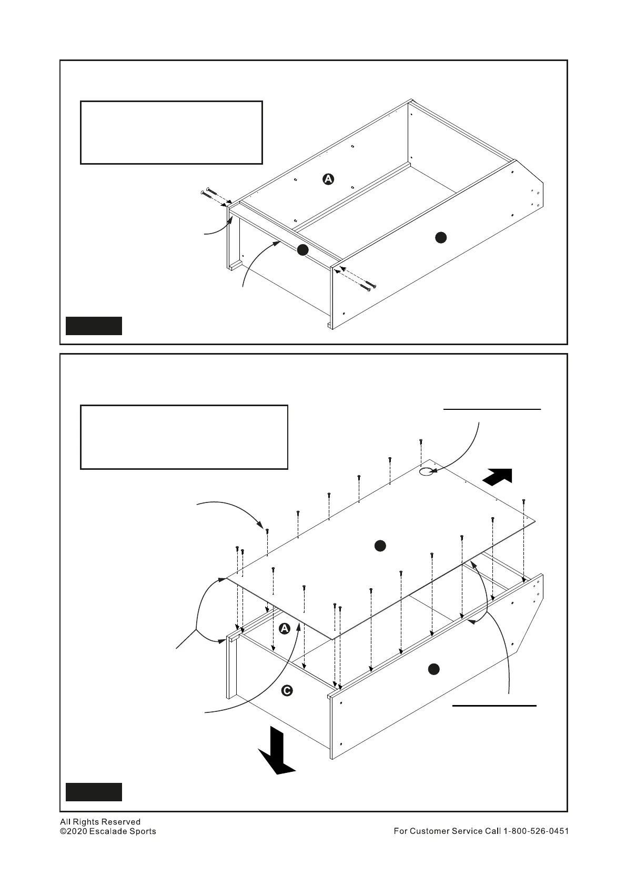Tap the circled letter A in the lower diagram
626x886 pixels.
[284, 629]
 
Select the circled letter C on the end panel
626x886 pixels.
[287, 690]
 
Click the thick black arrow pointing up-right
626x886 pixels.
[497, 477]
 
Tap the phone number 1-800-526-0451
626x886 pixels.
[536, 831]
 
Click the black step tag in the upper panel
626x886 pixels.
[94, 326]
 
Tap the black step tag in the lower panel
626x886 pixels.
[94, 792]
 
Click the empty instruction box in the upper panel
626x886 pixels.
[171, 133]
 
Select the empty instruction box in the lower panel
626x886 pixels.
[184, 437]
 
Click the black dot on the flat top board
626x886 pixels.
[380, 546]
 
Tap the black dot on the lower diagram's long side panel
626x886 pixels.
[433, 669]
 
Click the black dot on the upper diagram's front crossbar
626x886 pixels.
[302, 250]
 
